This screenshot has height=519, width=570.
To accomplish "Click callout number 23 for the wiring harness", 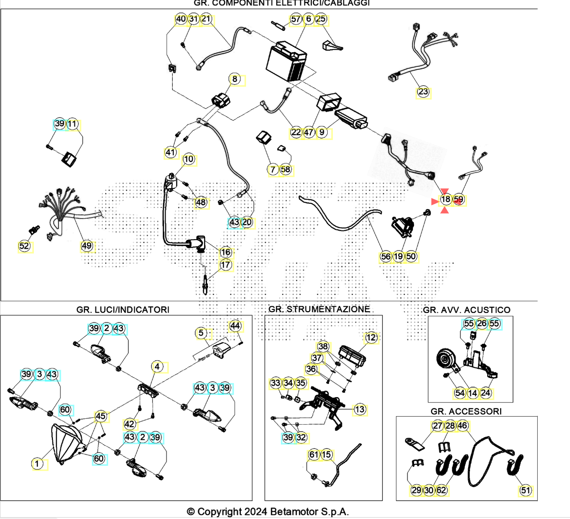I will pyautogui.click(x=423, y=92).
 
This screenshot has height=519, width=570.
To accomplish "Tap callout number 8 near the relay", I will pyautogui.click(x=235, y=79).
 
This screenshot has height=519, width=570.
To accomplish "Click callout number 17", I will pyautogui.click(x=225, y=265).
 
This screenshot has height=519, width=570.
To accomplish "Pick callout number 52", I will pyautogui.click(x=24, y=246).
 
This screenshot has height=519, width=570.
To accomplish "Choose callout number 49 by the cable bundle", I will pyautogui.click(x=87, y=246).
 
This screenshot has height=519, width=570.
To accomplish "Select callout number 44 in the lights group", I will pyautogui.click(x=235, y=326).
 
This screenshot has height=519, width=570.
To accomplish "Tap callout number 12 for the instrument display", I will pyautogui.click(x=371, y=337).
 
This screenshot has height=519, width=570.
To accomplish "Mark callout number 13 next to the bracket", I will pyautogui.click(x=360, y=409).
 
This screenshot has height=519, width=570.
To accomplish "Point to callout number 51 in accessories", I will pyautogui.click(x=526, y=490).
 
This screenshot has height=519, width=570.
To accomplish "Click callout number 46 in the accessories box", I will pyautogui.click(x=462, y=426).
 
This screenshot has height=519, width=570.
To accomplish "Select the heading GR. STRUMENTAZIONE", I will pyautogui.click(x=319, y=309).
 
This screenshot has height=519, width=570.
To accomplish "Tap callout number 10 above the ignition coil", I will pyautogui.click(x=189, y=159).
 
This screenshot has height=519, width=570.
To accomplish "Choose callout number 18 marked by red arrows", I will pyautogui.click(x=445, y=199).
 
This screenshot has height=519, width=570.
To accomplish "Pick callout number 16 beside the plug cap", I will pyautogui.click(x=225, y=252).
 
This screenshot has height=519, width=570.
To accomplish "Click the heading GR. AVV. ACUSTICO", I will pyautogui.click(x=466, y=310).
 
